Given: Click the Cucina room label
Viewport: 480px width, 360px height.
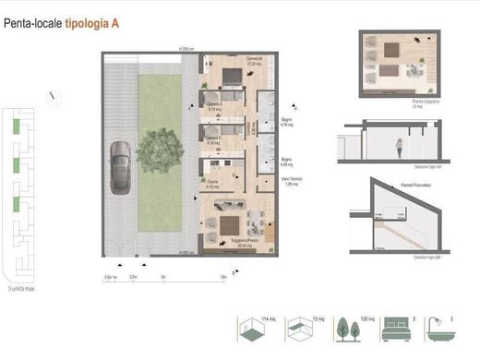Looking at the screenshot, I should [x=212, y=184].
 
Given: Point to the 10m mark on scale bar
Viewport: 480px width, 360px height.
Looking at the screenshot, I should [x=224, y=275].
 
